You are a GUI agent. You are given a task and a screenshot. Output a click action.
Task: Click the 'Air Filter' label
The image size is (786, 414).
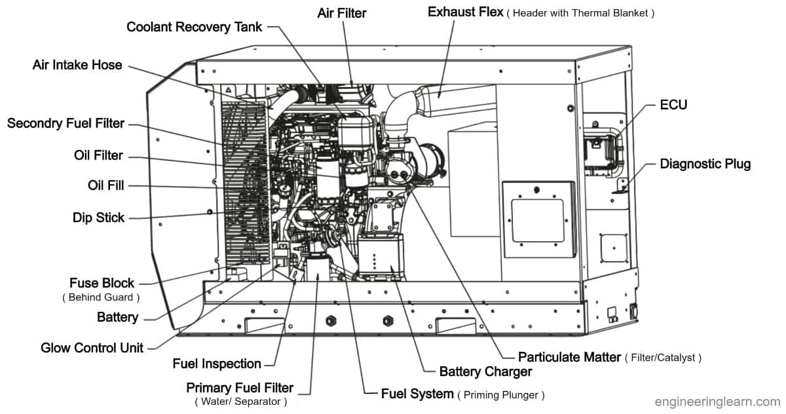click(342, 12)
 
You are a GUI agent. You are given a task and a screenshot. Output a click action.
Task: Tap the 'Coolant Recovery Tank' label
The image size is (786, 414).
click(195, 27)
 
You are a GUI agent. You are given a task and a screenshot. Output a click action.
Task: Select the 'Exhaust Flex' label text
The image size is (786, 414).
click(465, 12)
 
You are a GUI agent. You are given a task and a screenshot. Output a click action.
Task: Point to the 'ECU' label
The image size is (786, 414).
click(673, 105)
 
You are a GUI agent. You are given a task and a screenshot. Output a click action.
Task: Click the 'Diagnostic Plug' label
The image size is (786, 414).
click(705, 164)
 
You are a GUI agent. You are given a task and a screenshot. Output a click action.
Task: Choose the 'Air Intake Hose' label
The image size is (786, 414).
click(77, 65)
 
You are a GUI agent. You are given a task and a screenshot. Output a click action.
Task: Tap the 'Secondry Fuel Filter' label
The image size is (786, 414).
click(65, 124)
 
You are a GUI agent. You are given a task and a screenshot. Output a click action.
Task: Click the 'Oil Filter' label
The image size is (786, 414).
click(98, 155)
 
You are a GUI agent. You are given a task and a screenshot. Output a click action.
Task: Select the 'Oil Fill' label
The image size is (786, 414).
click(105, 185)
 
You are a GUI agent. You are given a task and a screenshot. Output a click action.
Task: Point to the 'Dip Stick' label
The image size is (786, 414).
click(98, 217)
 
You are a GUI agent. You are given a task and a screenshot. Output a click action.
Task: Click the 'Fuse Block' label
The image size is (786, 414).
click(102, 283)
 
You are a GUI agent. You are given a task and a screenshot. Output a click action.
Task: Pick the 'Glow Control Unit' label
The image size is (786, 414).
click(92, 347)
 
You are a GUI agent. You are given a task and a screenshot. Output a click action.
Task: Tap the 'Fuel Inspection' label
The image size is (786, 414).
click(217, 364)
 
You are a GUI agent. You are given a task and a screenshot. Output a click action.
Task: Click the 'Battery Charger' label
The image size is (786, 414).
click(485, 371)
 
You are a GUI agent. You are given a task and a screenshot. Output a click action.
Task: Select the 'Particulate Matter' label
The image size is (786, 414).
click(569, 357)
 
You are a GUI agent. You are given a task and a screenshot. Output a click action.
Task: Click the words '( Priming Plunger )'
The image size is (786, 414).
click(501, 395)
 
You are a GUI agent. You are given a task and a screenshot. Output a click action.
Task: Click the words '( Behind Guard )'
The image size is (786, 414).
click(102, 297)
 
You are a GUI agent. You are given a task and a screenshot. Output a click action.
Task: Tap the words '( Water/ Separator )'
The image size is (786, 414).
click(240, 401)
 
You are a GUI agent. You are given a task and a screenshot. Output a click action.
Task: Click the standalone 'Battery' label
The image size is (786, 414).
click(117, 318)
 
